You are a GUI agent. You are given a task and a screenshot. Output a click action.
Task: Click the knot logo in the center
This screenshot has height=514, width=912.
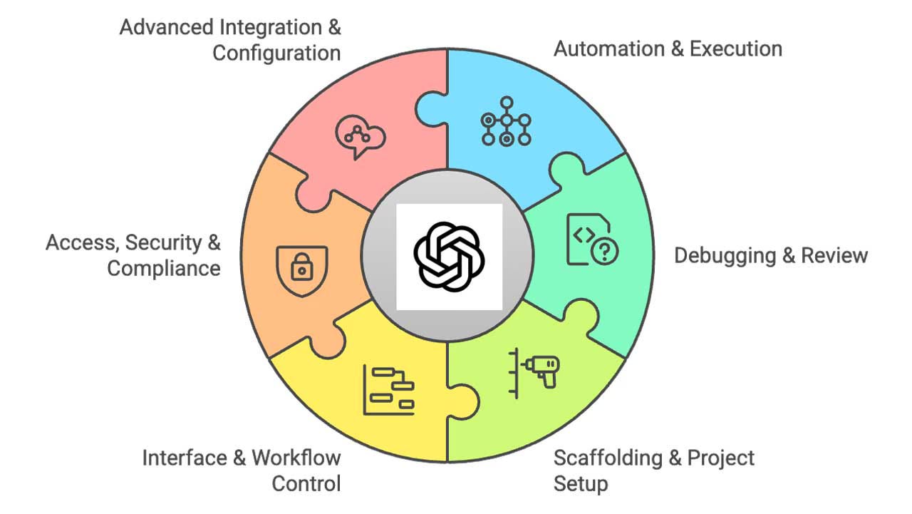[x=450, y=257]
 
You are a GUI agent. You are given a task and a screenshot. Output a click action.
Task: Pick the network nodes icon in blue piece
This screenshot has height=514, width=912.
[x=507, y=120]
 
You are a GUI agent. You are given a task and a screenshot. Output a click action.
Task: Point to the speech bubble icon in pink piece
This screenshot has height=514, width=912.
[x=360, y=133]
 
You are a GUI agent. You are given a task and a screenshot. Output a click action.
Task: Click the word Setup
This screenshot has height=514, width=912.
[x=581, y=484]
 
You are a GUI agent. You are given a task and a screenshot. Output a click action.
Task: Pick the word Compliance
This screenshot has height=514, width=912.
[x=164, y=269]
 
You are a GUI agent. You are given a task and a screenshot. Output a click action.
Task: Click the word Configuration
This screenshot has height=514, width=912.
[x=276, y=53]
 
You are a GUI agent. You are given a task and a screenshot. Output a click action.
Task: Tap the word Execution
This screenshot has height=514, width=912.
[x=736, y=49]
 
